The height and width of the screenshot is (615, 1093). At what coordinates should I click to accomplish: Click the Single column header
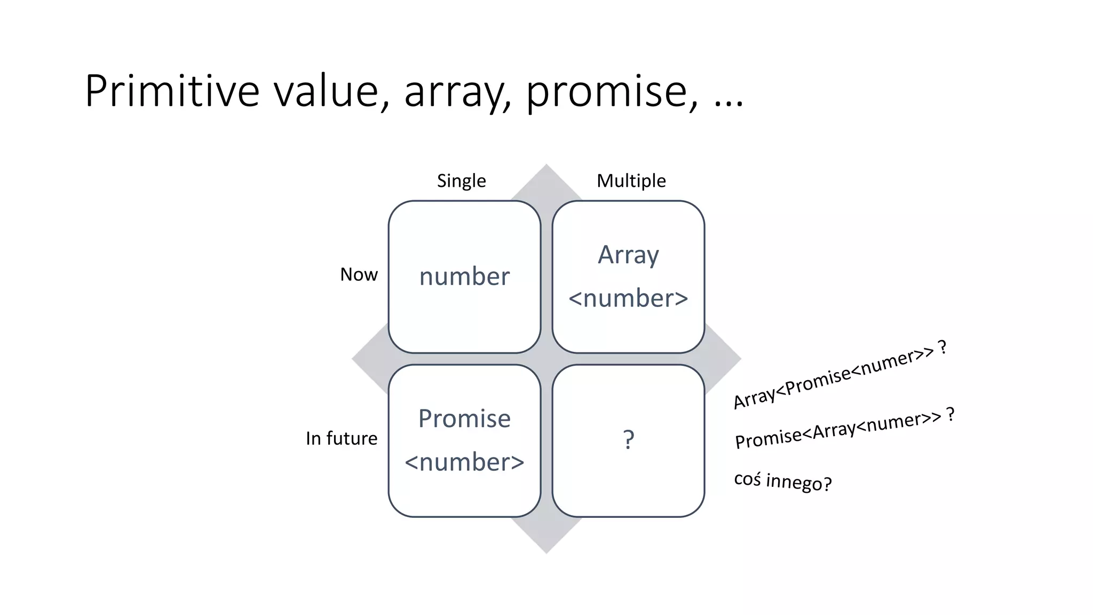point(461,181)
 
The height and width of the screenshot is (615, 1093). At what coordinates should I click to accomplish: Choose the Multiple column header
point(631,181)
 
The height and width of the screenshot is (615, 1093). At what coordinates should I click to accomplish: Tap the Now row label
point(359,274)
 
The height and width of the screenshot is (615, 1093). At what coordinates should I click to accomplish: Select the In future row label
point(342,438)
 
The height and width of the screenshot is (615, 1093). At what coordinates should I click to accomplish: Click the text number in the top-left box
point(464,277)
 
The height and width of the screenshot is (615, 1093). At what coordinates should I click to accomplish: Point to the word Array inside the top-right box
point(628,255)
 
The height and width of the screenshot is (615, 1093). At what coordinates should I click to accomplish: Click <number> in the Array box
point(628,298)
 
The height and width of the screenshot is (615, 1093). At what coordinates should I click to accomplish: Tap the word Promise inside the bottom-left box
point(464,419)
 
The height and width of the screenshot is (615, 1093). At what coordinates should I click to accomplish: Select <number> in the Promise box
point(464,462)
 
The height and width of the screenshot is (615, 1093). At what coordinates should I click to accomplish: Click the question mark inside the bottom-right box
point(629,440)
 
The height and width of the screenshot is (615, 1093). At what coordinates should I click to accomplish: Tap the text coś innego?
point(782,481)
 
